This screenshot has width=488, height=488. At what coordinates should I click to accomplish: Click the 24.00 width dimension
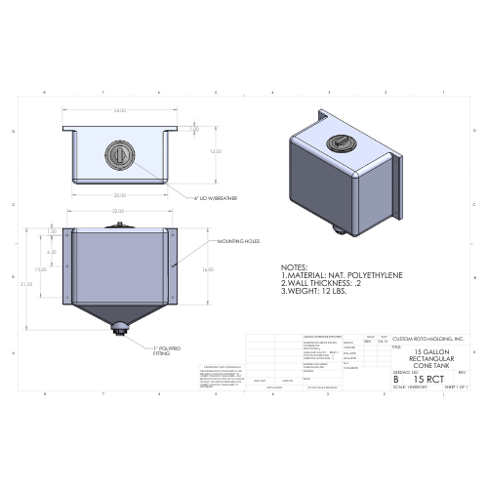tap(120, 111)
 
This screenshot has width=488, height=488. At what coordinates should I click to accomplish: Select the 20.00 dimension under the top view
tap(118, 195)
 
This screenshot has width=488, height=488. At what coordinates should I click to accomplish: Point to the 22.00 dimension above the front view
tap(118, 212)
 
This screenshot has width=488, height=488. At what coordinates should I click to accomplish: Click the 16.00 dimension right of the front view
tap(206, 268)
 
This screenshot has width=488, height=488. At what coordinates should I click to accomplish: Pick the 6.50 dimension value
tap(53, 252)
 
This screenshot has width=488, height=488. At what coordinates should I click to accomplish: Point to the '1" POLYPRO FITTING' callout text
tap(169, 349)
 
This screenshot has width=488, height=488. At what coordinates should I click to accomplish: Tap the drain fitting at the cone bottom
tap(119, 327)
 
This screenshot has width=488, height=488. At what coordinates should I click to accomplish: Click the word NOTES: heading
tap(294, 267)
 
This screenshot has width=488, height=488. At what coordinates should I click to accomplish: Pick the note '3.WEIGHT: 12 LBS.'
tap(313, 292)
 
